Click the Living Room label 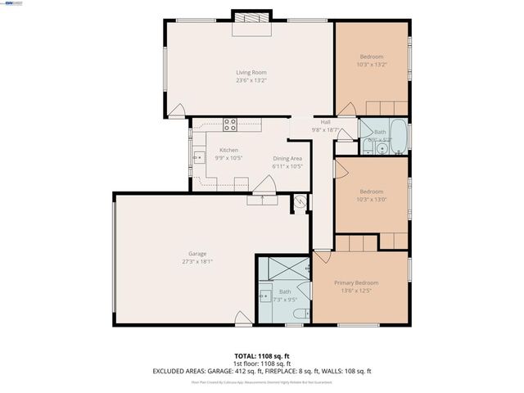pyautogui.click(x=251, y=72)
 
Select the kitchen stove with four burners pyautogui.click(x=230, y=125)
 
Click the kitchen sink pyautogui.click(x=197, y=156)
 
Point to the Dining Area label pyautogui.click(x=287, y=158)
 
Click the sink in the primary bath pyautogui.click(x=265, y=296)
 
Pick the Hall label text pyautogui.click(x=325, y=122)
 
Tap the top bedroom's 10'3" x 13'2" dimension pyautogui.click(x=372, y=65)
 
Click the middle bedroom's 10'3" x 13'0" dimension pyautogui.click(x=372, y=198)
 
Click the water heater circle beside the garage pyautogui.click(x=300, y=202)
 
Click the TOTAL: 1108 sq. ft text pyautogui.click(x=262, y=356)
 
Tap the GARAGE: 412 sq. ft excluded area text pyautogui.click(x=243, y=371)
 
